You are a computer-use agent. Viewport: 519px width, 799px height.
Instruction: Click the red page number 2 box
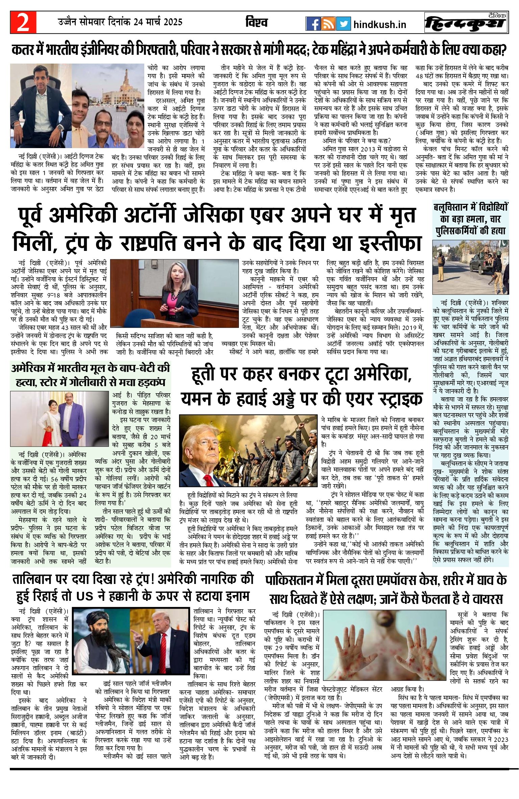coord(23,23)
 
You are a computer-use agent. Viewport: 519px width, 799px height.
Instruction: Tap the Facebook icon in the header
coord(313,23)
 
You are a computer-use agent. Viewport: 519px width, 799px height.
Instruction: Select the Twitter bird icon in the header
coord(343,23)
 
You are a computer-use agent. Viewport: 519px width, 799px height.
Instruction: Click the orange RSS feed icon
coord(328,23)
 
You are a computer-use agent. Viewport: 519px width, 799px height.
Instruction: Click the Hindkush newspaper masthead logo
coord(466,23)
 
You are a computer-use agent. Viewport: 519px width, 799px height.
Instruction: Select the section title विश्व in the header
coord(256,22)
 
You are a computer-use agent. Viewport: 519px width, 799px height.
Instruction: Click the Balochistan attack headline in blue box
coord(471,219)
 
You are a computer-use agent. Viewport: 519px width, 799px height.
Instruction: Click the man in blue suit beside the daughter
coord(75,419)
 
